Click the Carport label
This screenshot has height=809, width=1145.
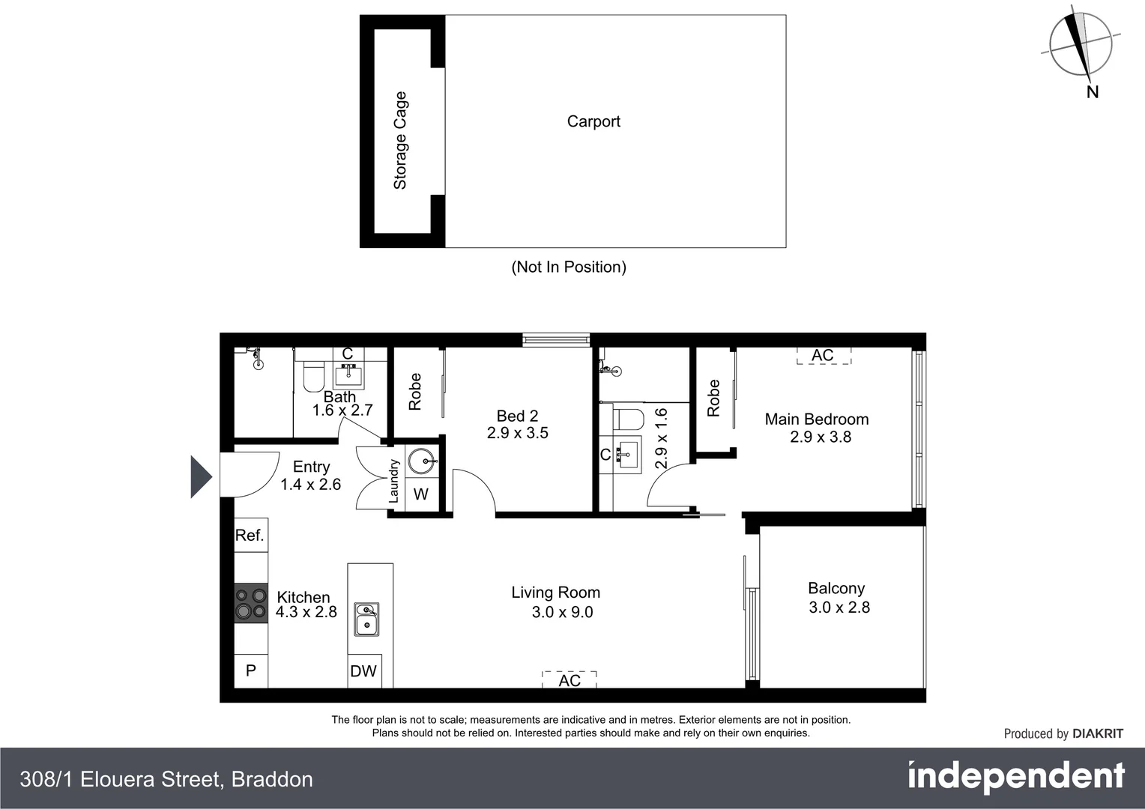point(593,121)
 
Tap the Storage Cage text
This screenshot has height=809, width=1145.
point(400,140)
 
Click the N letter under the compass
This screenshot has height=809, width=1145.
point(1093,92)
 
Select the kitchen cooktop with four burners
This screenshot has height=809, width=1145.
point(251,604)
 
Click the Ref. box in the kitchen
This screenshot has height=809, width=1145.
point(250,535)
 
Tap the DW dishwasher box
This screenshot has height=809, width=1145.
point(363,671)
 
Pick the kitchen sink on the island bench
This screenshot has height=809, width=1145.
point(366,619)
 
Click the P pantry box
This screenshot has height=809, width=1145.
point(251,671)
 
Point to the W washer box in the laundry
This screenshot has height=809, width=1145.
point(421,494)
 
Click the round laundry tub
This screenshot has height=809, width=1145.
point(422,461)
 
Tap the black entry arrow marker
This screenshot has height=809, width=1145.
point(201,476)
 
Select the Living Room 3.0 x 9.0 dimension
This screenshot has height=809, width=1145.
point(562,612)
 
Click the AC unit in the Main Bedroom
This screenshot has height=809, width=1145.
point(823,355)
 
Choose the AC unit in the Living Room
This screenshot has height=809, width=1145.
point(570,679)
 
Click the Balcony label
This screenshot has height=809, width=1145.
point(836,589)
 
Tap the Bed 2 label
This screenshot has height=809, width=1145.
point(517,416)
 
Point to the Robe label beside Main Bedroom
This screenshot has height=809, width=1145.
point(713,398)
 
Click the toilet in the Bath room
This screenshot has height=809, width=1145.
point(313,376)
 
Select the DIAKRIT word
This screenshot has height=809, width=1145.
point(1098,734)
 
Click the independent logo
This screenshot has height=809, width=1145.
point(1016,778)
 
